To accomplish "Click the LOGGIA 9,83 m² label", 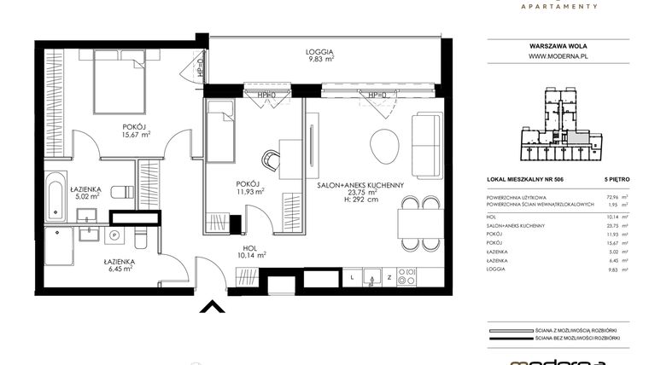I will pos(320,56).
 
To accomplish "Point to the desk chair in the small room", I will pos(272,158).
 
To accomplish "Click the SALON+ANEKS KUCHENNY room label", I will pos(360,185).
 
